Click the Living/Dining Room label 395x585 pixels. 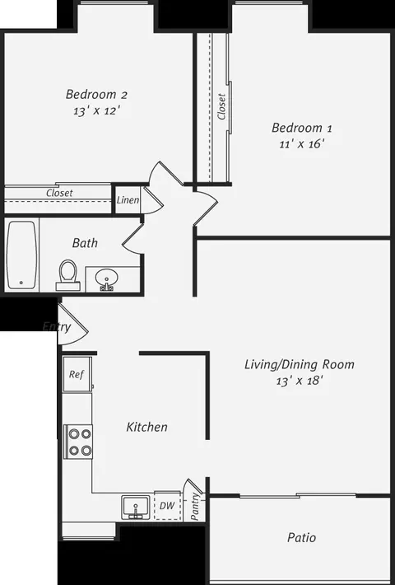click(x=300, y=363)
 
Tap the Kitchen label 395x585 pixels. click(x=146, y=427)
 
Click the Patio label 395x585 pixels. click(x=301, y=537)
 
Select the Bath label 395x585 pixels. click(x=85, y=243)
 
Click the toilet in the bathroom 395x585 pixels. click(x=68, y=272)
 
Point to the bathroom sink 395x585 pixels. click(x=105, y=278)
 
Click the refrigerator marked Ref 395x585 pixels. click(x=77, y=375)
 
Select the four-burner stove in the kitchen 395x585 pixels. click(x=79, y=441)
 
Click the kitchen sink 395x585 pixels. click(x=136, y=505)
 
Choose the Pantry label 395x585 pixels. click(x=195, y=505)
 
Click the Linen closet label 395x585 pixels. click(x=128, y=200)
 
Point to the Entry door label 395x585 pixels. click(x=56, y=327)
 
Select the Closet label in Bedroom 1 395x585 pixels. click(x=221, y=106)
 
